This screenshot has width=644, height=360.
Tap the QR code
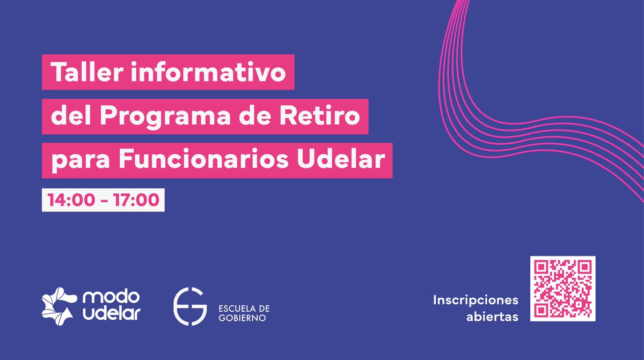click(562, 289)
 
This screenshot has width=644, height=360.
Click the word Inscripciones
click(475, 299)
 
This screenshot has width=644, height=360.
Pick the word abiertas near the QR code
click(492, 317)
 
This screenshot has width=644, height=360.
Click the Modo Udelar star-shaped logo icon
click(58, 306)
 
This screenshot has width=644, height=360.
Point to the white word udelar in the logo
click(112, 314)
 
